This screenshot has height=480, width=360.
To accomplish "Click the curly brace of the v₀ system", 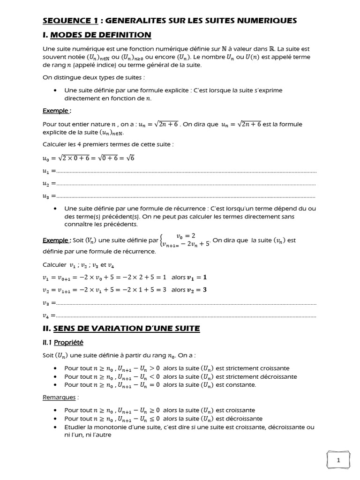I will coord(162,240).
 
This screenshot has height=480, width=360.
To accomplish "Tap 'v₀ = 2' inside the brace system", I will coord(185,235).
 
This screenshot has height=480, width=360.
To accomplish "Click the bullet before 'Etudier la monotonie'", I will coord(56,427).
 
